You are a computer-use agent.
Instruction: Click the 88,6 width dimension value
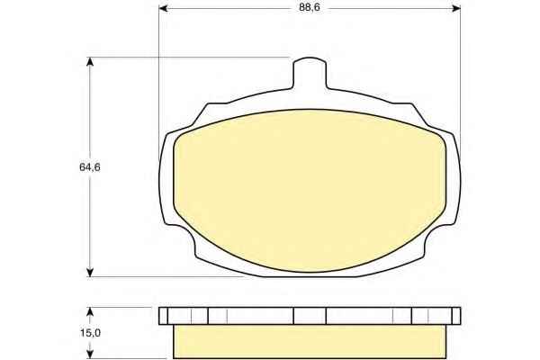[x=310, y=7]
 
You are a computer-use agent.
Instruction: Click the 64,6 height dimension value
[x=89, y=167]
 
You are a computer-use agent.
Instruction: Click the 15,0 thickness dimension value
[x=90, y=333]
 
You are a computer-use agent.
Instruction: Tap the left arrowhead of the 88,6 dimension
[x=163, y=8]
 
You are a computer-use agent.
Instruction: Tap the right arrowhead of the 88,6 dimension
[x=456, y=8]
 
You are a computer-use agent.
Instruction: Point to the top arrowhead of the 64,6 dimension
[x=90, y=62]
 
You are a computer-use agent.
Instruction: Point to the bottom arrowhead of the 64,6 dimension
[x=90, y=272]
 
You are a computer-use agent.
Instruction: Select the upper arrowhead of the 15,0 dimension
[x=90, y=311]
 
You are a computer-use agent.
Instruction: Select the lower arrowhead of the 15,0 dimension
[x=90, y=354]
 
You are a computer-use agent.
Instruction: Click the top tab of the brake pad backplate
[x=310, y=73]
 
